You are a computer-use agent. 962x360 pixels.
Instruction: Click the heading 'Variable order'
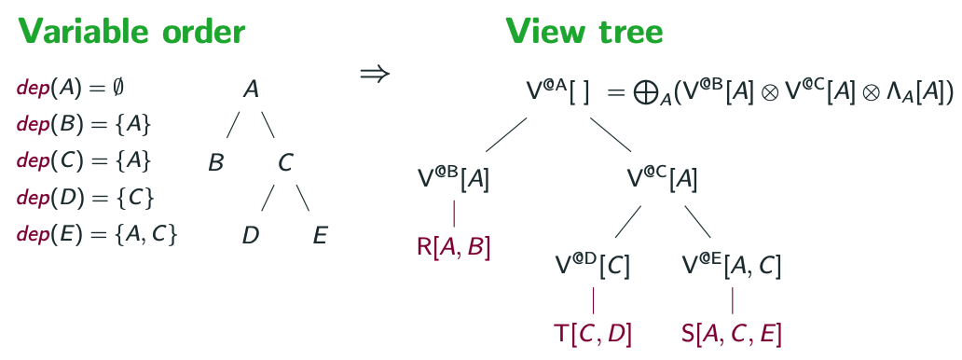131,33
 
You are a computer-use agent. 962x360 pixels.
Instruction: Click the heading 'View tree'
584,33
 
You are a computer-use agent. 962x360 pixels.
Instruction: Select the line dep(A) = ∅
71,88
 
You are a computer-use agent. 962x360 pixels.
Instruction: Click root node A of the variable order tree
251,90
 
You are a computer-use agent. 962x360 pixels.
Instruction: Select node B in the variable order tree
215,162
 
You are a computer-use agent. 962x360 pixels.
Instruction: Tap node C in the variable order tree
285,162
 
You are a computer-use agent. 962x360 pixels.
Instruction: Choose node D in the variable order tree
250,235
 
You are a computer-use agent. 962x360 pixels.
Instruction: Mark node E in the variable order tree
320,235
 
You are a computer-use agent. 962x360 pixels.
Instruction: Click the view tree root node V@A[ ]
557,92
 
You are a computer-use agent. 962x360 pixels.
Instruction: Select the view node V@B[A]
453,178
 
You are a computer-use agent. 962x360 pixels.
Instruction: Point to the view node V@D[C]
592,265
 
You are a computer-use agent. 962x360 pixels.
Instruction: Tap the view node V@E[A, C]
732,265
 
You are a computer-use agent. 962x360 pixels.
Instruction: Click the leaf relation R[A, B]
453,247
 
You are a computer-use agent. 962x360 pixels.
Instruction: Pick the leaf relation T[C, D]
593,333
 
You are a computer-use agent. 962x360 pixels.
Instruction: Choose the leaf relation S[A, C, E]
732,333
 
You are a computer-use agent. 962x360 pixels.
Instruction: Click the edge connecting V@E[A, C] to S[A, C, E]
732,299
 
